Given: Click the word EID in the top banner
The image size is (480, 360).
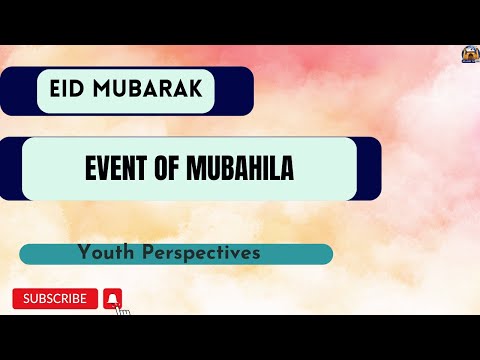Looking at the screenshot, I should [x=68, y=90].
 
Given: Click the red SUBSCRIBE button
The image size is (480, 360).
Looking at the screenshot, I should [x=55, y=298].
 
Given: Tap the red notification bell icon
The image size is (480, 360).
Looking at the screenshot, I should [x=113, y=298].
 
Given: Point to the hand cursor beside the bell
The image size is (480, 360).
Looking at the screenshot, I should [x=123, y=309].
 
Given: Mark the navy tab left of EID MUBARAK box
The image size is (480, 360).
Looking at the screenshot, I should [x=18, y=90].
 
